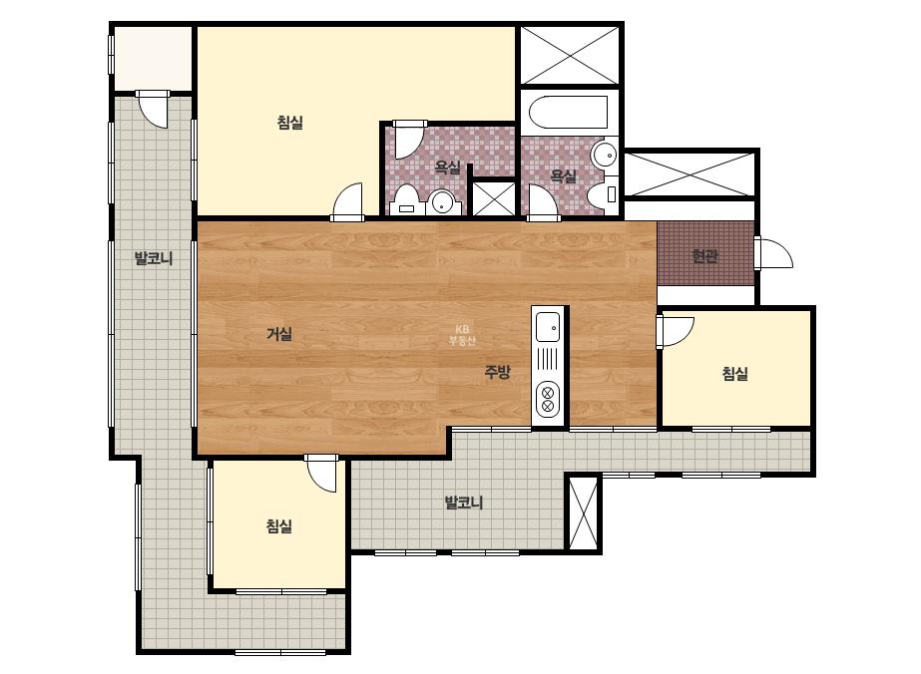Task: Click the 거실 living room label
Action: coord(279,334)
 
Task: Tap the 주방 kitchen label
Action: coord(497,372)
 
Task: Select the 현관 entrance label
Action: coord(704,256)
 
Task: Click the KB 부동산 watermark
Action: coord(462,335)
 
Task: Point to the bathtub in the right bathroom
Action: coord(568,112)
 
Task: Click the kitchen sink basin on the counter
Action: coord(548,326)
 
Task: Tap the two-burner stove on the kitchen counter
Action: coord(548,399)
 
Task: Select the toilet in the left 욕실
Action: coord(406,200)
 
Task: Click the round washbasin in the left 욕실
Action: coord(442,202)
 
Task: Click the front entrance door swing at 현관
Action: coord(774,253)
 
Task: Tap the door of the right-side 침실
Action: coord(676,332)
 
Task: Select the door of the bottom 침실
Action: coord(320,473)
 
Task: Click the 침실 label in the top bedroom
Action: coord(289,123)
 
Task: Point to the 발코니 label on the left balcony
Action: coord(154,258)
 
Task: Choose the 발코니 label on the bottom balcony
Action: coord(463,503)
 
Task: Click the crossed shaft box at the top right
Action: coord(570,55)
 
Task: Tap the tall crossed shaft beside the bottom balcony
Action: coord(584,513)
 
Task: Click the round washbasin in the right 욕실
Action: coord(604,156)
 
